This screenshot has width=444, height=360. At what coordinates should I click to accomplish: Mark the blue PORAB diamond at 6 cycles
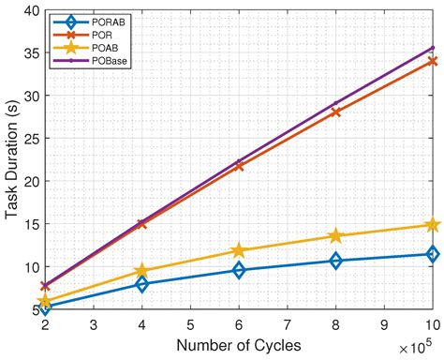point(239,270)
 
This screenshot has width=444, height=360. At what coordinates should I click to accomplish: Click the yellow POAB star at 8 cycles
point(335,236)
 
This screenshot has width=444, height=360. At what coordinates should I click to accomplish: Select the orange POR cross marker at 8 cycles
point(335,112)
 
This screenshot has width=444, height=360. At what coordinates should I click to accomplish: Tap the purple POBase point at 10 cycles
point(432,47)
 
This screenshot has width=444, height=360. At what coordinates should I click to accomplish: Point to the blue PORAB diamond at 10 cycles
point(432,254)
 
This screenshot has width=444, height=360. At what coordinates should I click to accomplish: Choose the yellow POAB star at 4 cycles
point(142,271)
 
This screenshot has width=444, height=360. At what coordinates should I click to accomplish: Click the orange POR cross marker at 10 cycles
point(432,61)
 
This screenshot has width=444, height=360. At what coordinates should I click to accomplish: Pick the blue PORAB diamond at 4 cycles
point(142,284)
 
